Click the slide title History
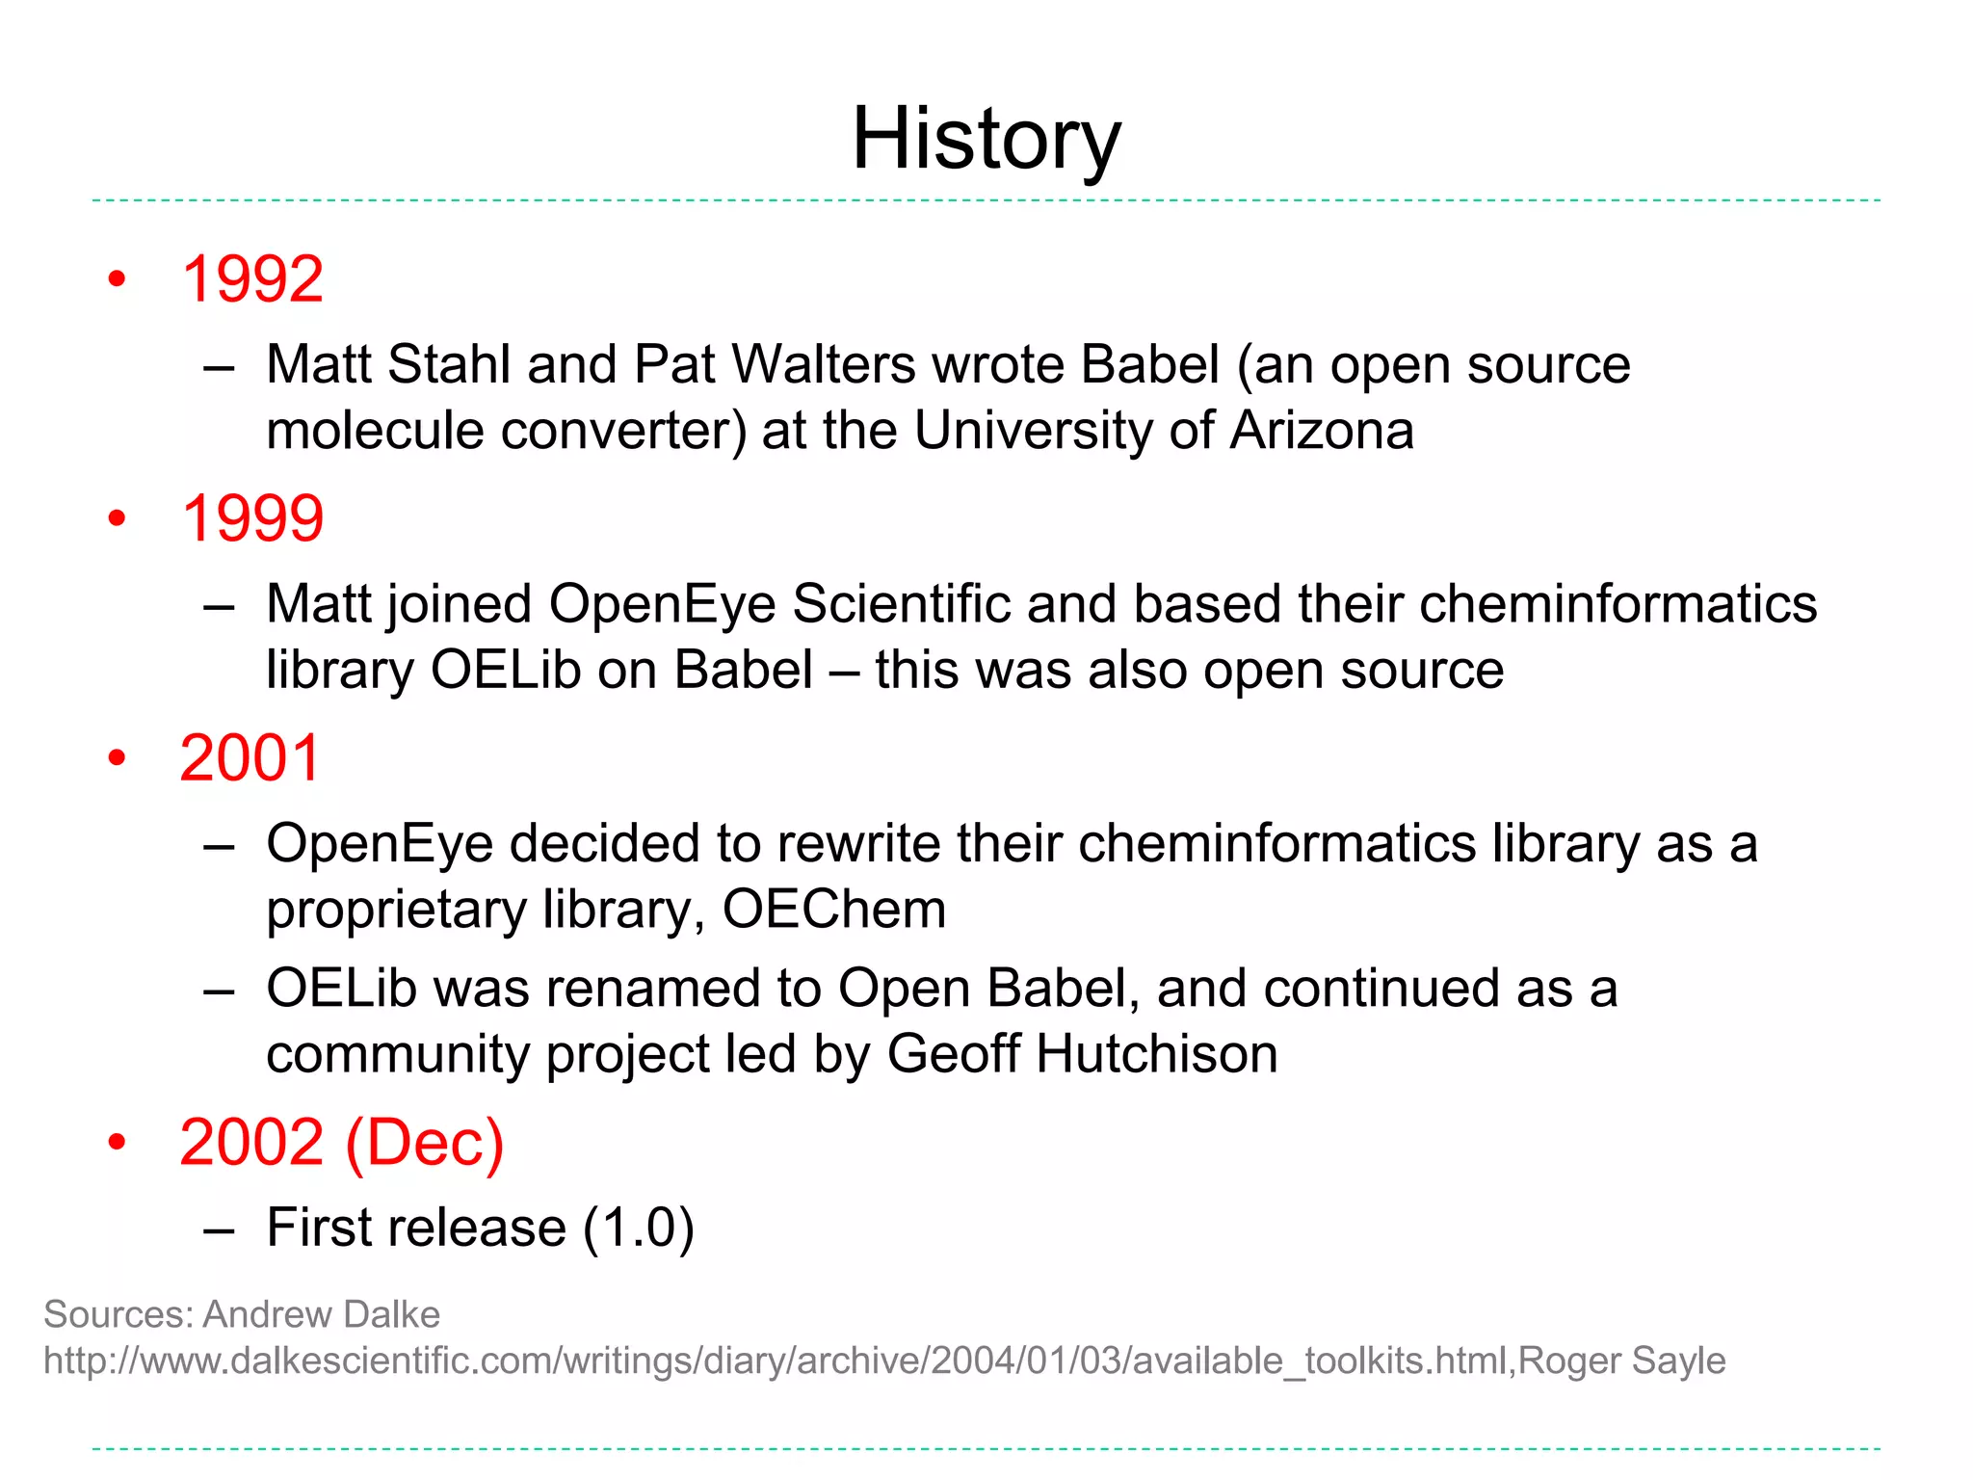[x=986, y=140]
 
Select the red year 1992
[x=252, y=279]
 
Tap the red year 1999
[x=252, y=518]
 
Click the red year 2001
[x=250, y=758]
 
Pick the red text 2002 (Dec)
[x=342, y=1143]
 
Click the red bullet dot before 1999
[x=118, y=519]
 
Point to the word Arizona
[x=1322, y=430]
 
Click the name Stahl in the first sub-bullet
[x=448, y=364]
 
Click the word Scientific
[x=901, y=604]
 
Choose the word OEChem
[x=834, y=909]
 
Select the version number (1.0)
[x=638, y=1228]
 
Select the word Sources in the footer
[x=118, y=1314]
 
